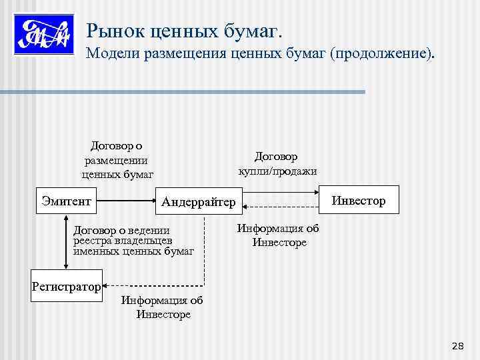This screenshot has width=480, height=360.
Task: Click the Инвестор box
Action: pyautogui.click(x=359, y=200)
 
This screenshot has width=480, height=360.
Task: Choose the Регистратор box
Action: pyautogui.click(x=66, y=287)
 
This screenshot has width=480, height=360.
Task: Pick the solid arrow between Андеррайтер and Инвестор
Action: pyautogui.click(x=280, y=192)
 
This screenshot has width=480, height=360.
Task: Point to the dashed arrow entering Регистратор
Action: pyautogui.click(x=153, y=287)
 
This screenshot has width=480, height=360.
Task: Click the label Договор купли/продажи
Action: pyautogui.click(x=277, y=164)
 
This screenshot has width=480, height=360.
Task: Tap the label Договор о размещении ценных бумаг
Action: pyautogui.click(x=116, y=161)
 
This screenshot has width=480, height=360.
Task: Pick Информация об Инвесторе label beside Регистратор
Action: pyautogui.click(x=162, y=307)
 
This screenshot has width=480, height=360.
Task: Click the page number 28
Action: pyautogui.click(x=457, y=345)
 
